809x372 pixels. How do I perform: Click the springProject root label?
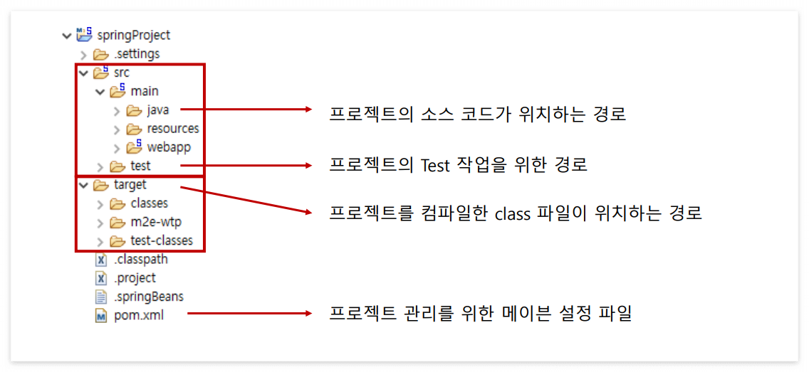click(x=138, y=35)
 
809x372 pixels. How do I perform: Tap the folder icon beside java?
click(x=134, y=110)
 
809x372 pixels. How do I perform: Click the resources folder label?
click(x=173, y=129)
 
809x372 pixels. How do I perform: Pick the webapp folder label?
click(x=169, y=147)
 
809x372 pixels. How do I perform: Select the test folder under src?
click(x=140, y=166)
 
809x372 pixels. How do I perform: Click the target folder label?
click(x=130, y=184)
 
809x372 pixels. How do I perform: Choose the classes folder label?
click(x=150, y=203)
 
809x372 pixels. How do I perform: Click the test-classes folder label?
click(x=162, y=240)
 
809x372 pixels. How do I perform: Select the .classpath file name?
click(x=141, y=259)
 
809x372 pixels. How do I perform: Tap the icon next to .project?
click(x=100, y=278)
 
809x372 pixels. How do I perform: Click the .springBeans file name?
click(x=148, y=297)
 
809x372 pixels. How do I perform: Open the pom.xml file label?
click(x=139, y=315)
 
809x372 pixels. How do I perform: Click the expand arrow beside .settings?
click(x=83, y=54)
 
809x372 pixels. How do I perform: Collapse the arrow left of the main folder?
click(x=100, y=92)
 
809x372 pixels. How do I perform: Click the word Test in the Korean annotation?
click(x=435, y=166)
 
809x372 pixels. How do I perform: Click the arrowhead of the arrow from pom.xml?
click(x=308, y=313)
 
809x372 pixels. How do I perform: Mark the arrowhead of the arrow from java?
click(x=308, y=110)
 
